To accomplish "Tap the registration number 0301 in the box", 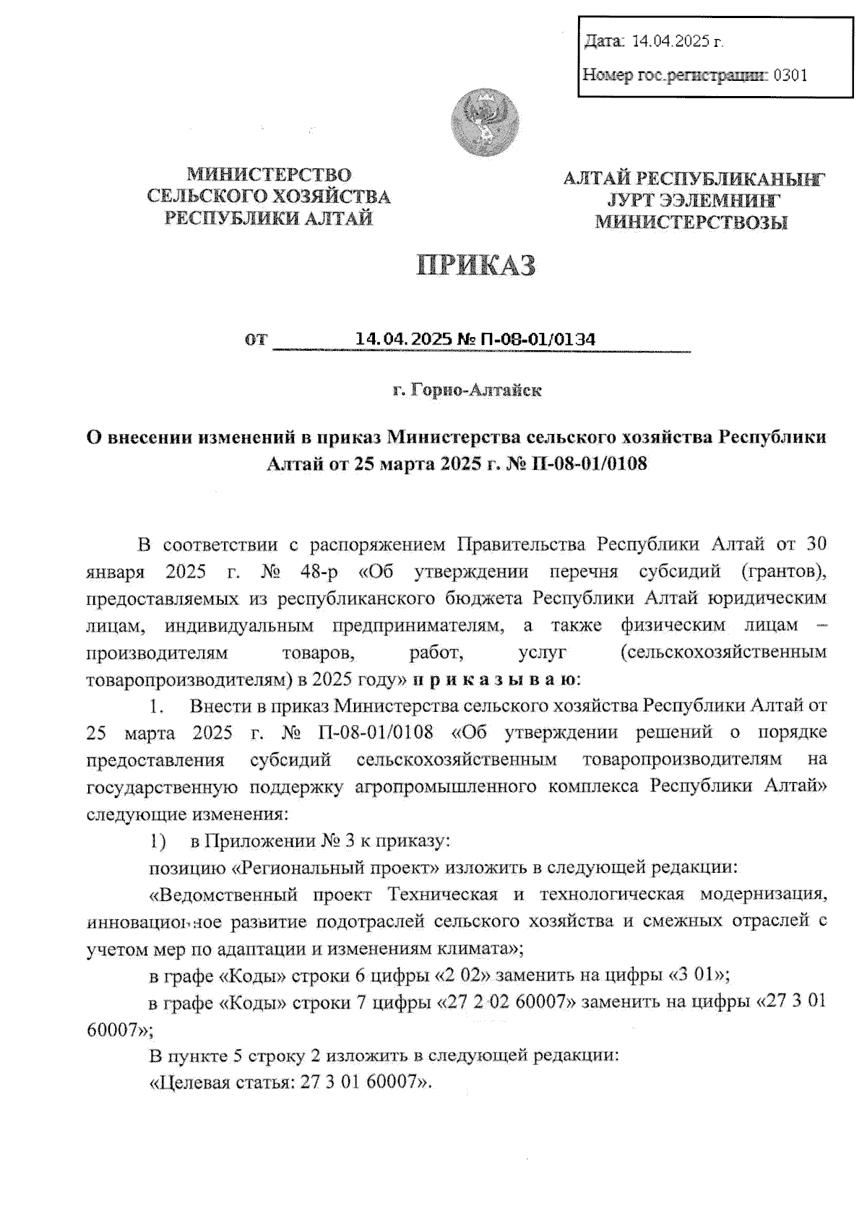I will (790, 74).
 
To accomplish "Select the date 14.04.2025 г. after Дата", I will (677, 41).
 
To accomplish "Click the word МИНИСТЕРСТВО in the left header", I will (269, 175).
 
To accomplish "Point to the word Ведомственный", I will (225, 895).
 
